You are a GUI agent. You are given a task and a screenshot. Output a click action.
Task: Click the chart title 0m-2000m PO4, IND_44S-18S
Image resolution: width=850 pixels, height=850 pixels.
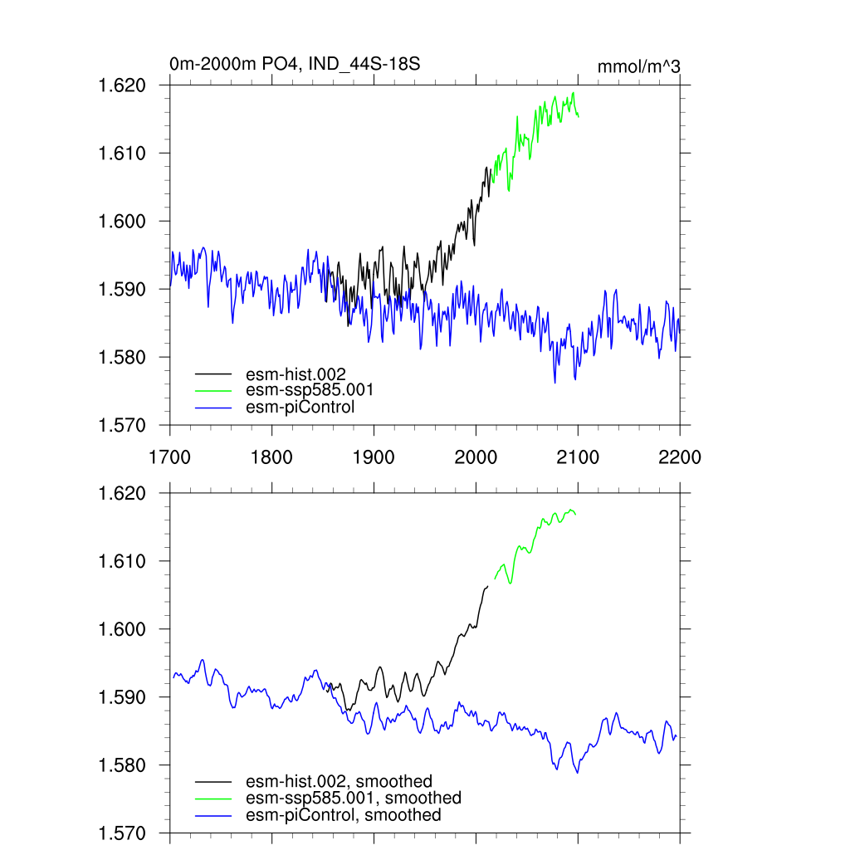(x=288, y=63)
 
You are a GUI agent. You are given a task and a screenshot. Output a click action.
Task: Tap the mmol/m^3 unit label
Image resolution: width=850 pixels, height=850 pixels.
(x=639, y=66)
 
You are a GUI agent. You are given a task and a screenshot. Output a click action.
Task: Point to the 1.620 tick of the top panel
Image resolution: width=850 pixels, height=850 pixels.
(x=123, y=85)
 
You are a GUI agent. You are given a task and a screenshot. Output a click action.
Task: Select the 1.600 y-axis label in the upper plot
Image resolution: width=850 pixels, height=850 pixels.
(x=123, y=222)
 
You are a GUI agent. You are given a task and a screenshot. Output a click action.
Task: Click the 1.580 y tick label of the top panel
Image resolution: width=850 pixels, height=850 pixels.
(x=123, y=358)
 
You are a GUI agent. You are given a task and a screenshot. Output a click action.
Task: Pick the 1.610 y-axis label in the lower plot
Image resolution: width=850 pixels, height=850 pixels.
(x=123, y=562)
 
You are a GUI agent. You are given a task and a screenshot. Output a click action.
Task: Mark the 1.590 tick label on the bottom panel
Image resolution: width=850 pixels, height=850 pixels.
(x=123, y=698)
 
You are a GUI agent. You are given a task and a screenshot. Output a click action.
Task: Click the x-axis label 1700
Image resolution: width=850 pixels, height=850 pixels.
(x=169, y=457)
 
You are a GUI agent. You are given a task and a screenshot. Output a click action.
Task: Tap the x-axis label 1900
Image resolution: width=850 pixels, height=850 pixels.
(x=374, y=457)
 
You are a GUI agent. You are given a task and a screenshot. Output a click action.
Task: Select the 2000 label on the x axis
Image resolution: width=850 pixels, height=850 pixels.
(x=476, y=457)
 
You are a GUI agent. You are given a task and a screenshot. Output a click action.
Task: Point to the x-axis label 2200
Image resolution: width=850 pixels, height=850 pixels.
(x=680, y=457)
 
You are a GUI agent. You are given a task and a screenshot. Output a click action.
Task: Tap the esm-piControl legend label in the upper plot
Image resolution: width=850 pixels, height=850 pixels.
(x=300, y=407)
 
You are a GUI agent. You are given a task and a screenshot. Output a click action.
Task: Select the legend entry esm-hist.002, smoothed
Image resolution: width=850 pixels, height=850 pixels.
(x=339, y=781)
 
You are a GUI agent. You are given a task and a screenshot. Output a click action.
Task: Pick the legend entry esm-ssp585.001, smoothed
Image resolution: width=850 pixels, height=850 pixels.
(x=353, y=798)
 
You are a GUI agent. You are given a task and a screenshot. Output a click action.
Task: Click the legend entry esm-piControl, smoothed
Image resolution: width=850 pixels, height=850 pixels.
(x=343, y=815)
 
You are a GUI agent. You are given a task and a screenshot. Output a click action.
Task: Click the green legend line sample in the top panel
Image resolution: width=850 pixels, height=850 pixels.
(x=213, y=390)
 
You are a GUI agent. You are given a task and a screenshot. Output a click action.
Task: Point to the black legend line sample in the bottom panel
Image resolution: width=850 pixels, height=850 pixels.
(x=213, y=782)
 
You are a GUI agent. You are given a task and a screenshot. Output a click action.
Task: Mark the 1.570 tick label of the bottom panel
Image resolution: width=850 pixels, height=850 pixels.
(x=123, y=833)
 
